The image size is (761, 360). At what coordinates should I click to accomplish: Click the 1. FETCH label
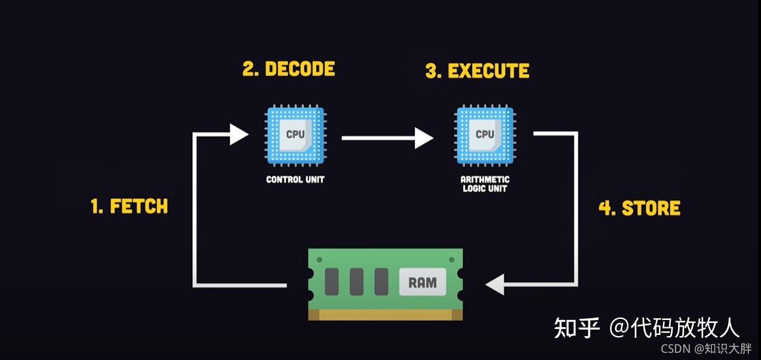(130, 207)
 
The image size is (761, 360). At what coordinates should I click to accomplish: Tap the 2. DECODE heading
(289, 69)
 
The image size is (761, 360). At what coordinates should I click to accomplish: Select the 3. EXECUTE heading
(477, 71)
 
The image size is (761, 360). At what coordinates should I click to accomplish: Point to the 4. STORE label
(640, 208)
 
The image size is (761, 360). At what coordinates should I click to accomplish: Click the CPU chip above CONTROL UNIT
(295, 136)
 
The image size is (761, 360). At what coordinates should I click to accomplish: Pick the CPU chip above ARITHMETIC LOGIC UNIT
(485, 136)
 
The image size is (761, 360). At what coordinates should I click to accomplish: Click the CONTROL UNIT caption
(295, 180)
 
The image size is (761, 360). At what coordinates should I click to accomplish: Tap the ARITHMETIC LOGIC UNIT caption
(485, 184)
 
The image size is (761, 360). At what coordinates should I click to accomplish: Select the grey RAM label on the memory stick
(423, 282)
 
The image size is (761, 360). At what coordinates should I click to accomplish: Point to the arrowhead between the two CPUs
(424, 138)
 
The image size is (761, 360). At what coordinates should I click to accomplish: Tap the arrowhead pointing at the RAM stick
(495, 285)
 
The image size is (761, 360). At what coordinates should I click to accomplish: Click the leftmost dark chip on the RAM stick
(332, 281)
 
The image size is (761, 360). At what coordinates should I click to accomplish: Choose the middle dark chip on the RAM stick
(357, 281)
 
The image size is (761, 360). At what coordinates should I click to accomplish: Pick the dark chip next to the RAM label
(381, 281)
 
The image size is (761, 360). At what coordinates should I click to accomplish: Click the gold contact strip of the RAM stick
(386, 315)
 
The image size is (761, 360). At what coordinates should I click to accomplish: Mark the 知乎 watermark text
(577, 328)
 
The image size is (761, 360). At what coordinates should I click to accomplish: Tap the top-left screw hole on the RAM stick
(319, 260)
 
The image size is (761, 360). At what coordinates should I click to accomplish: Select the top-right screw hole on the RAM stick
(451, 260)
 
